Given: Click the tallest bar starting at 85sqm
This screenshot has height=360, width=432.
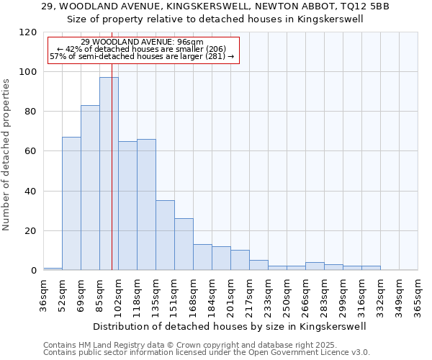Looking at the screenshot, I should [109, 174].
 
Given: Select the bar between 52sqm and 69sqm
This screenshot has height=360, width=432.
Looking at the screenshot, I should [71, 203].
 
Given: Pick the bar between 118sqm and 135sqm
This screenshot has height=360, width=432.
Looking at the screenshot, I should [146, 204].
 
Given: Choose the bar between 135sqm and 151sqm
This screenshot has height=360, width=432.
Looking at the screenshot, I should [165, 235].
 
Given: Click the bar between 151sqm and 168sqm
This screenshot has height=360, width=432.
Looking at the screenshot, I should [184, 244].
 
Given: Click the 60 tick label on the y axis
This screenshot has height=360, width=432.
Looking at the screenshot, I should [32, 151].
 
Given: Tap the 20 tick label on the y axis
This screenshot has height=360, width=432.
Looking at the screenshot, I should [32, 231].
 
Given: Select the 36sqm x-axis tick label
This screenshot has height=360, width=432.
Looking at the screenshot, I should [43, 294].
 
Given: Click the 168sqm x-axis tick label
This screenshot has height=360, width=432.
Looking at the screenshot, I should [193, 294].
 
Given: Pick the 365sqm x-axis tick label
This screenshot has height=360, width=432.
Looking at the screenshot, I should [418, 294].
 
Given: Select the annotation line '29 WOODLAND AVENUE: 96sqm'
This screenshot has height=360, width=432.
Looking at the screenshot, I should [142, 42].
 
